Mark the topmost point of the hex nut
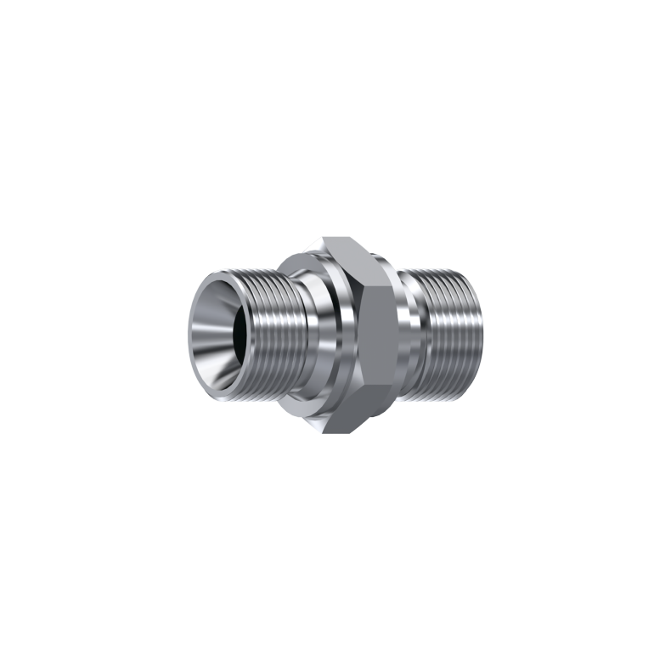[x=320, y=239]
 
